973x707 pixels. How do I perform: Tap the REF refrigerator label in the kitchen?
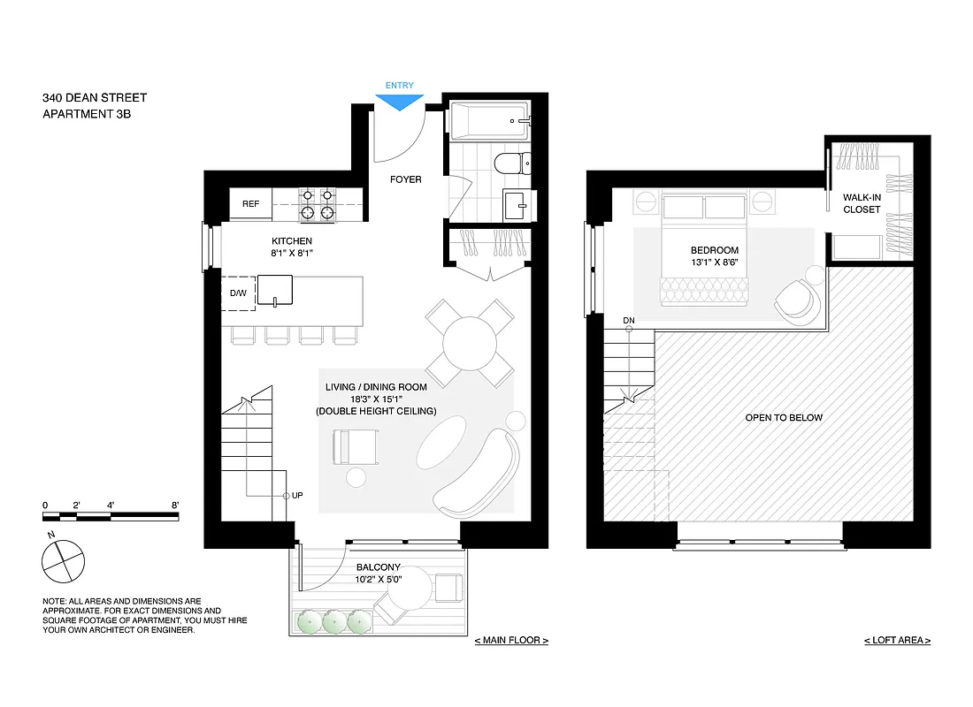[x=251, y=204]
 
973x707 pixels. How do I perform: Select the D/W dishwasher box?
[x=238, y=293]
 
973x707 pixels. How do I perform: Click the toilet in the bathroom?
[x=510, y=163]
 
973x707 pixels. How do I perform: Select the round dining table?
[x=471, y=344]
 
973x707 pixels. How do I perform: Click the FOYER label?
[x=406, y=179]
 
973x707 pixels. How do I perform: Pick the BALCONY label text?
[x=379, y=567]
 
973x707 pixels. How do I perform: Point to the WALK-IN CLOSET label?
[x=862, y=203]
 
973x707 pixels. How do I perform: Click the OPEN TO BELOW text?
[x=784, y=417]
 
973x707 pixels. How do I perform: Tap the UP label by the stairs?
[x=298, y=496]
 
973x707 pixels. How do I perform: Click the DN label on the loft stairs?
[x=629, y=319]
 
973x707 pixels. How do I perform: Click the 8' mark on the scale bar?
[x=175, y=506]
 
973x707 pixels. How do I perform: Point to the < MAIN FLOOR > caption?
[x=511, y=640]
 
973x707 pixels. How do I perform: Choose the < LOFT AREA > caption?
[x=897, y=640]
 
